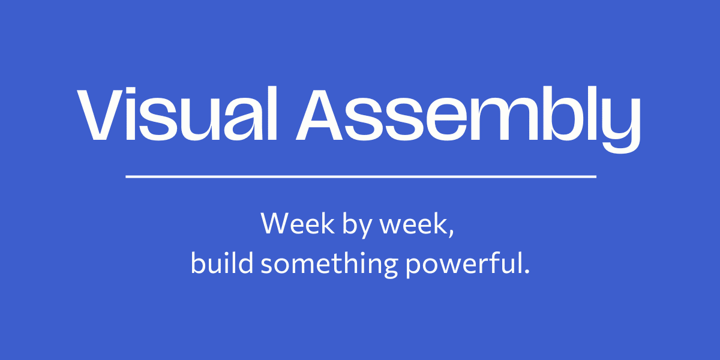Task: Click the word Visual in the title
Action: coord(177,113)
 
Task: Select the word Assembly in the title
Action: coord(469,119)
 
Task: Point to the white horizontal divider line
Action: coord(361,176)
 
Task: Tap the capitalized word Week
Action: coord(298,223)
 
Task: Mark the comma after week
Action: coord(451,233)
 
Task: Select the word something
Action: coord(329,264)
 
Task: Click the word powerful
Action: coord(463,264)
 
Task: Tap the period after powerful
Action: coord(527,271)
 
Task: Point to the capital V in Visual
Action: coord(101,115)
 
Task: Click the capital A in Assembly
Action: coord(319,115)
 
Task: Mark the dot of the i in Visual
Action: coord(131,91)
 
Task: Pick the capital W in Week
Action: coord(278,223)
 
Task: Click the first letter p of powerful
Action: coord(415,267)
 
